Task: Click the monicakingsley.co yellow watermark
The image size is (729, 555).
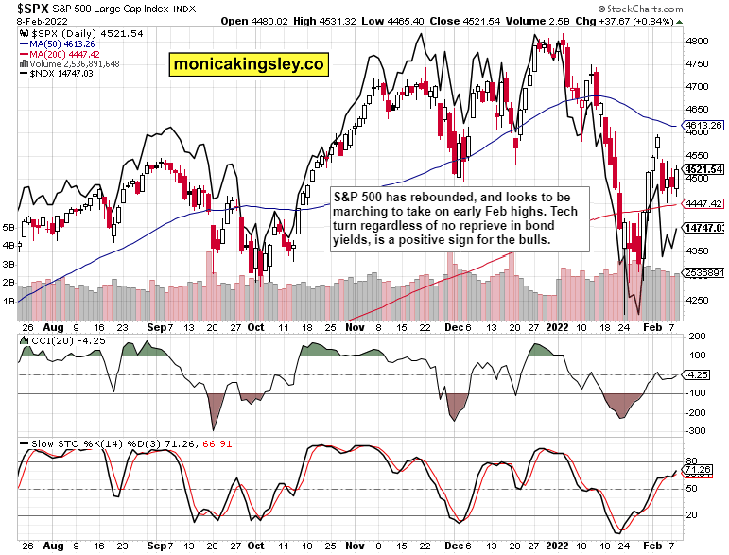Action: [248, 64]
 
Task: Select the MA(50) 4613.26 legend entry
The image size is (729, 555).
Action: [63, 43]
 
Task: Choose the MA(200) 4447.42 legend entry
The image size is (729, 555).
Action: [65, 54]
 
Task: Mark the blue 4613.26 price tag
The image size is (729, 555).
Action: [704, 125]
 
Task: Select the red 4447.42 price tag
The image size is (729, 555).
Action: [704, 203]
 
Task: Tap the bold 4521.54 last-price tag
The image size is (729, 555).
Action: [704, 169]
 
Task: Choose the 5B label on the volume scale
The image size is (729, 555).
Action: [9, 228]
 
